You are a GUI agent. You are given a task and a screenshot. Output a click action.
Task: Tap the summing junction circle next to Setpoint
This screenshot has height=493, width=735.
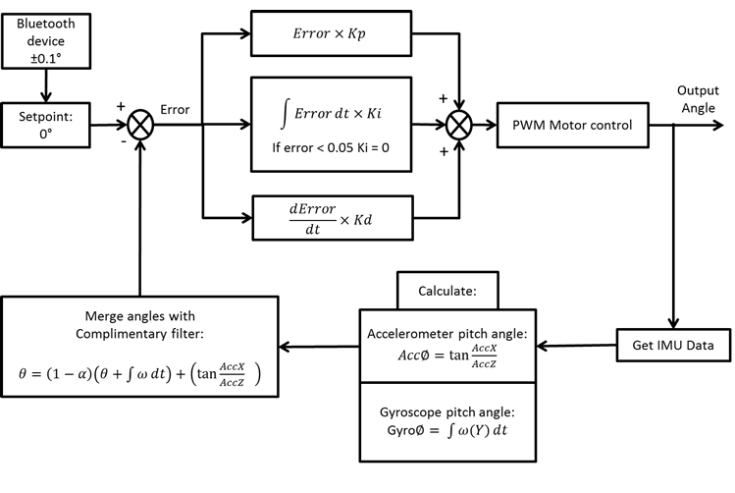[142, 126]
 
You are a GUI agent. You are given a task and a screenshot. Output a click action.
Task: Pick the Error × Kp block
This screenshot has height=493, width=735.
[328, 31]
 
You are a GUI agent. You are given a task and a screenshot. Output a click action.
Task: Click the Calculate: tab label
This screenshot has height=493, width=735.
[446, 291]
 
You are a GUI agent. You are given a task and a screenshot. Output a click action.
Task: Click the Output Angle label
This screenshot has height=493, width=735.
[698, 98]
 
